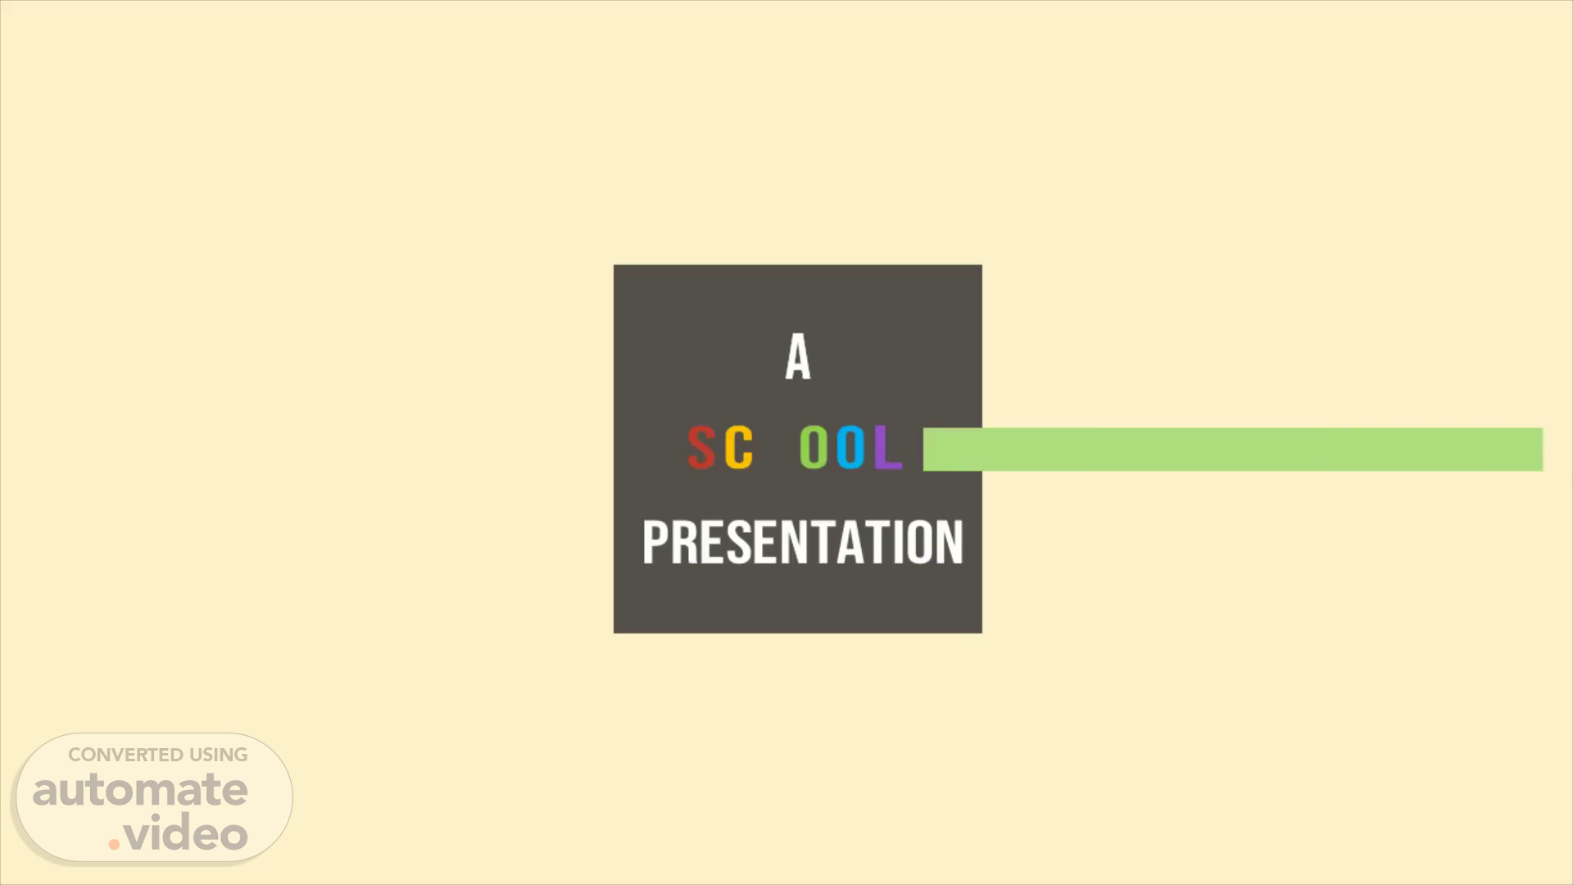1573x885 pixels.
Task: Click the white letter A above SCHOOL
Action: [x=798, y=356]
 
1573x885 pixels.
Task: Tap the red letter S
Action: [x=700, y=447]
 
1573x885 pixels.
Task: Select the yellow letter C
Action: [x=739, y=447]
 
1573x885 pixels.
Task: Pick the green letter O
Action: [x=814, y=447]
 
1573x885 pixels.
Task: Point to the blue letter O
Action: [x=851, y=447]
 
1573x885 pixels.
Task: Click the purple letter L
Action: [x=887, y=447]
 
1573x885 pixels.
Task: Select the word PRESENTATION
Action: [x=803, y=542]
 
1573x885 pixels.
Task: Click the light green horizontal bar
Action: [x=1233, y=449]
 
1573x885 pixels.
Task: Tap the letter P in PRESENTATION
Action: [x=655, y=542]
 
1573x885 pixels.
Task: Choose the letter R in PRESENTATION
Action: [x=686, y=542]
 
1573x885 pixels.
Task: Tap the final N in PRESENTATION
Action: [x=950, y=542]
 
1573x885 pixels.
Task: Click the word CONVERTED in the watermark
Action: [x=125, y=755]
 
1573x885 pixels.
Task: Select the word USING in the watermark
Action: [x=219, y=755]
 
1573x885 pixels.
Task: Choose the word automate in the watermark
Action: [x=140, y=790]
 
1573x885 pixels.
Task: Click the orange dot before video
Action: [x=115, y=844]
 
